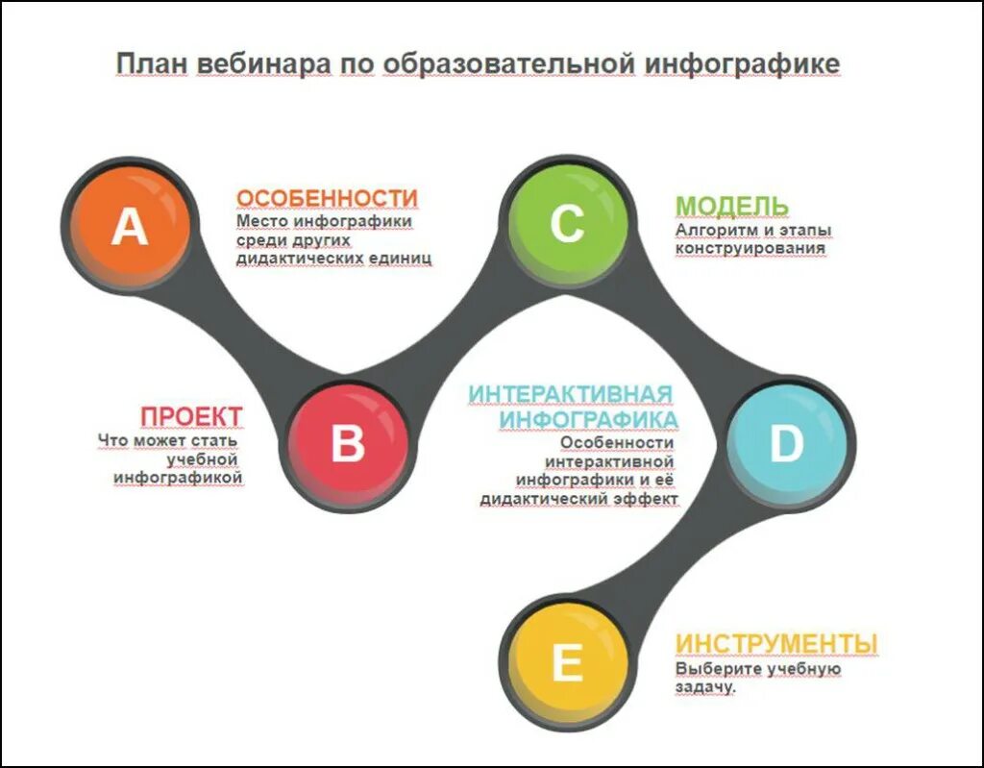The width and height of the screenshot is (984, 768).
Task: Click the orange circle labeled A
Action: coord(130,228)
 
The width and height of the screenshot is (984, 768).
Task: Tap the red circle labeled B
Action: coord(348,443)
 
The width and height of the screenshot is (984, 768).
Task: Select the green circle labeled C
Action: coord(567,224)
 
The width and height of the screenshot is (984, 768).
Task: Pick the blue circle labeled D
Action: coord(785,443)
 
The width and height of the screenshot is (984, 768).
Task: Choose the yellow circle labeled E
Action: coord(567,662)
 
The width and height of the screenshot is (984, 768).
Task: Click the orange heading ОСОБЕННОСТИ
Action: coord(327,198)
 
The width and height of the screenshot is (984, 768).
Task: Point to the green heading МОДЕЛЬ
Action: coord(731,206)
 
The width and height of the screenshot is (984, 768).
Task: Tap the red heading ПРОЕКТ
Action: coord(191,417)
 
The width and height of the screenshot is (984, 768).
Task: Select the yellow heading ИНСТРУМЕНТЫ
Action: coord(776,642)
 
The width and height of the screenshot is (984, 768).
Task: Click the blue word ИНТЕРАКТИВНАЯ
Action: coord(570,395)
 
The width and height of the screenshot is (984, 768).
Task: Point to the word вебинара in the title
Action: coord(262,63)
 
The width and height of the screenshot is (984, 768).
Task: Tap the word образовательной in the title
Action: coord(509,63)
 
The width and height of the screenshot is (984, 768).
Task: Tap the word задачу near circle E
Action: coord(705,688)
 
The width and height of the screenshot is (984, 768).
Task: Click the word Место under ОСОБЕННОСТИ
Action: coord(260,221)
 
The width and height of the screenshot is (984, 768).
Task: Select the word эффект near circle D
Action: coord(649,499)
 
